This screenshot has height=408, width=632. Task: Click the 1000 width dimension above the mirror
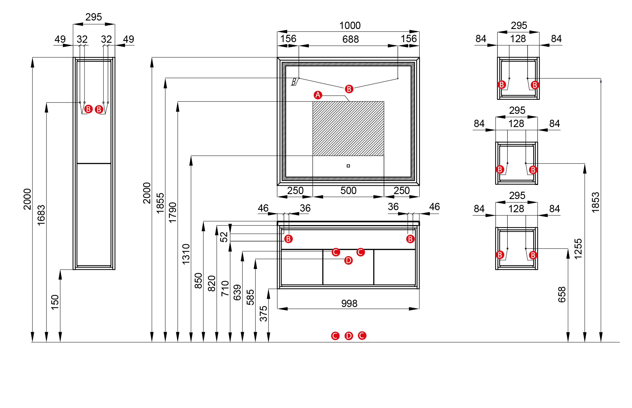click(x=350, y=26)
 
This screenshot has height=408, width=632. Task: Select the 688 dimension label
click(x=350, y=39)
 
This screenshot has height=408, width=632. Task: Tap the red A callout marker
click(x=318, y=95)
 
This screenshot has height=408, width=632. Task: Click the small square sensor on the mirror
click(x=348, y=166)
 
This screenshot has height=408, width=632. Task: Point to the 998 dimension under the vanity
click(x=349, y=304)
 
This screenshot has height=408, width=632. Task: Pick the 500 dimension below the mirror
click(x=348, y=191)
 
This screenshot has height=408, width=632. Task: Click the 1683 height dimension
click(x=41, y=215)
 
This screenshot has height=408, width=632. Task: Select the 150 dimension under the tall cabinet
click(x=55, y=302)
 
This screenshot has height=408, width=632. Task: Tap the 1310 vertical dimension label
click(x=186, y=254)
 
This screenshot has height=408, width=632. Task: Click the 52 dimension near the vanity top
click(x=224, y=237)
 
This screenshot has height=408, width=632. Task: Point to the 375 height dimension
click(x=264, y=313)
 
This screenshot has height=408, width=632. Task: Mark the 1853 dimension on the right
click(x=595, y=202)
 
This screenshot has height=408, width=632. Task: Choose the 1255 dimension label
click(x=578, y=249)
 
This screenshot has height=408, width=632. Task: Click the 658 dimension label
click(x=562, y=294)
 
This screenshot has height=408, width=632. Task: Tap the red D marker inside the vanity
click(x=348, y=260)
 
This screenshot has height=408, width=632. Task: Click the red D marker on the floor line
click(x=349, y=336)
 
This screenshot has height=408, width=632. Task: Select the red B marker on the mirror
click(x=349, y=89)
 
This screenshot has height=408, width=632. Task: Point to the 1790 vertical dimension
click(x=173, y=212)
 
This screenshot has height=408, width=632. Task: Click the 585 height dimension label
click(x=250, y=297)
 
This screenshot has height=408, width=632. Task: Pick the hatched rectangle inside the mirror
click(x=348, y=128)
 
